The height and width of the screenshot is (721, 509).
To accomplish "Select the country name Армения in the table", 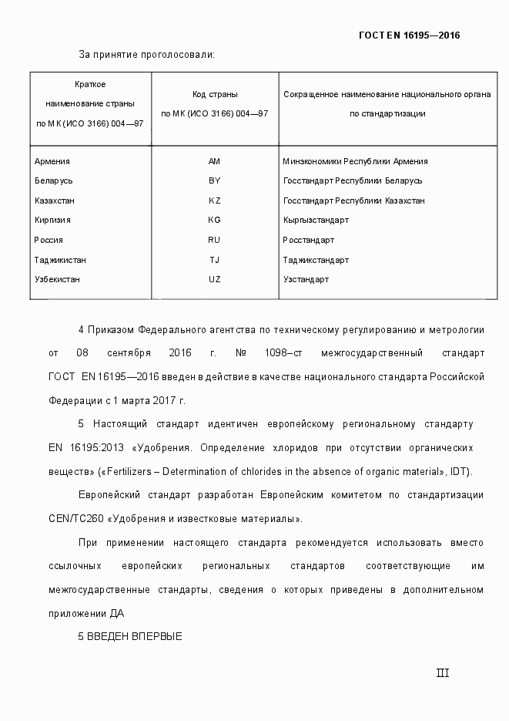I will [x=52, y=162].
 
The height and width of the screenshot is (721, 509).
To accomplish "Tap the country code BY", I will [x=214, y=181].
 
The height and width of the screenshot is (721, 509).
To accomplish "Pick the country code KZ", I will [x=214, y=200].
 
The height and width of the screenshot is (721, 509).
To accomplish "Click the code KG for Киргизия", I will [x=214, y=221].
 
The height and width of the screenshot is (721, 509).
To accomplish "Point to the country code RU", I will [x=214, y=240].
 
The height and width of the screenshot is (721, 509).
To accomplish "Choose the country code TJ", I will [x=214, y=260].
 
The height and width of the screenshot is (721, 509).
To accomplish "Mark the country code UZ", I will [x=214, y=279].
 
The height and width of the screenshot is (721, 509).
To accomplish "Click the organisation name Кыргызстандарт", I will [x=316, y=221].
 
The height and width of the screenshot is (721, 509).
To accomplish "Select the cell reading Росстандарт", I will [x=308, y=240].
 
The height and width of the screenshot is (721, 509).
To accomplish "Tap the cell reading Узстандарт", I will [x=306, y=279].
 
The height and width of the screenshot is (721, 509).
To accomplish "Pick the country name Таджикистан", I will [x=60, y=260].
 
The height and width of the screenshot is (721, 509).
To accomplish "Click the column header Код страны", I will [x=214, y=94].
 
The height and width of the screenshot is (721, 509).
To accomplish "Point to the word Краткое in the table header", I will [x=90, y=83].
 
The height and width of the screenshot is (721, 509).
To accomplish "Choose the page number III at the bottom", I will [x=442, y=673].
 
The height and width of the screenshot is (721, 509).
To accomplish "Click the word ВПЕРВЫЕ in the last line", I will [x=156, y=637].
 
